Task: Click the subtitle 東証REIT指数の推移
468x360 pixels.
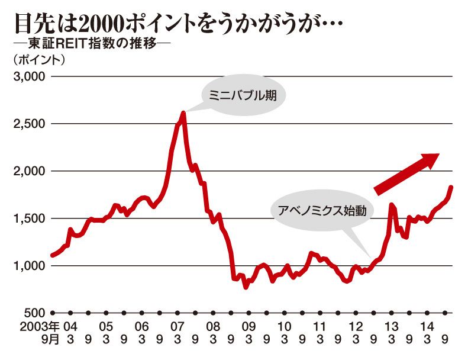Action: [91, 46]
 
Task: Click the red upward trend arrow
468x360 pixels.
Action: [406, 172]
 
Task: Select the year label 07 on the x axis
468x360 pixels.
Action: [177, 326]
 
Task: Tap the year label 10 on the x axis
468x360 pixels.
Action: [285, 326]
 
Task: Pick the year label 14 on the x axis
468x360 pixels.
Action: [427, 326]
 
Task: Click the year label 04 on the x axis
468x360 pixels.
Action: [70, 326]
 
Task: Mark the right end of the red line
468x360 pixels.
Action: [451, 187]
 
